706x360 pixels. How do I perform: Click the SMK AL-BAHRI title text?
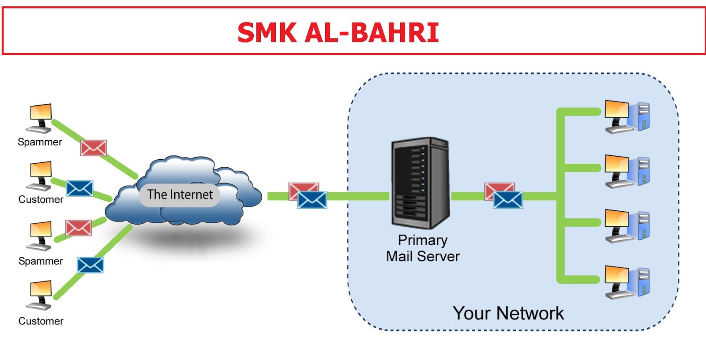[x=338, y=32]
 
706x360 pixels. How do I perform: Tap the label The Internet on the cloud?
[x=180, y=195]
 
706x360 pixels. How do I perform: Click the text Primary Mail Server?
[x=423, y=248]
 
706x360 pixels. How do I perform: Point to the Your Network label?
[x=508, y=313]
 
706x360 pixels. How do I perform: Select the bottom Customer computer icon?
[x=40, y=295]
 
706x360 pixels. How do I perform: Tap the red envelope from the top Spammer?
[x=94, y=148]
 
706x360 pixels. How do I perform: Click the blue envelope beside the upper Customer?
[x=79, y=188]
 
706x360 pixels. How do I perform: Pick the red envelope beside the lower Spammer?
[x=79, y=228]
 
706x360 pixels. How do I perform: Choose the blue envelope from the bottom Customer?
[x=90, y=265]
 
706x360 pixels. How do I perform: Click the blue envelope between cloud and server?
[x=312, y=200]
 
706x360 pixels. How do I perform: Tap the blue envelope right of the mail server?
[x=508, y=200]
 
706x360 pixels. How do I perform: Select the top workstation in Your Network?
[x=627, y=117]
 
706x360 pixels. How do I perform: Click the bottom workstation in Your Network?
[x=627, y=282]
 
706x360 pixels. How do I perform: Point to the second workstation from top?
[x=627, y=172]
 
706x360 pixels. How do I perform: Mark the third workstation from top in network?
[x=627, y=226]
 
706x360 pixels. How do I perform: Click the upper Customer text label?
[x=41, y=199]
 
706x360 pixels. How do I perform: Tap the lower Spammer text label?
[x=41, y=261]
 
